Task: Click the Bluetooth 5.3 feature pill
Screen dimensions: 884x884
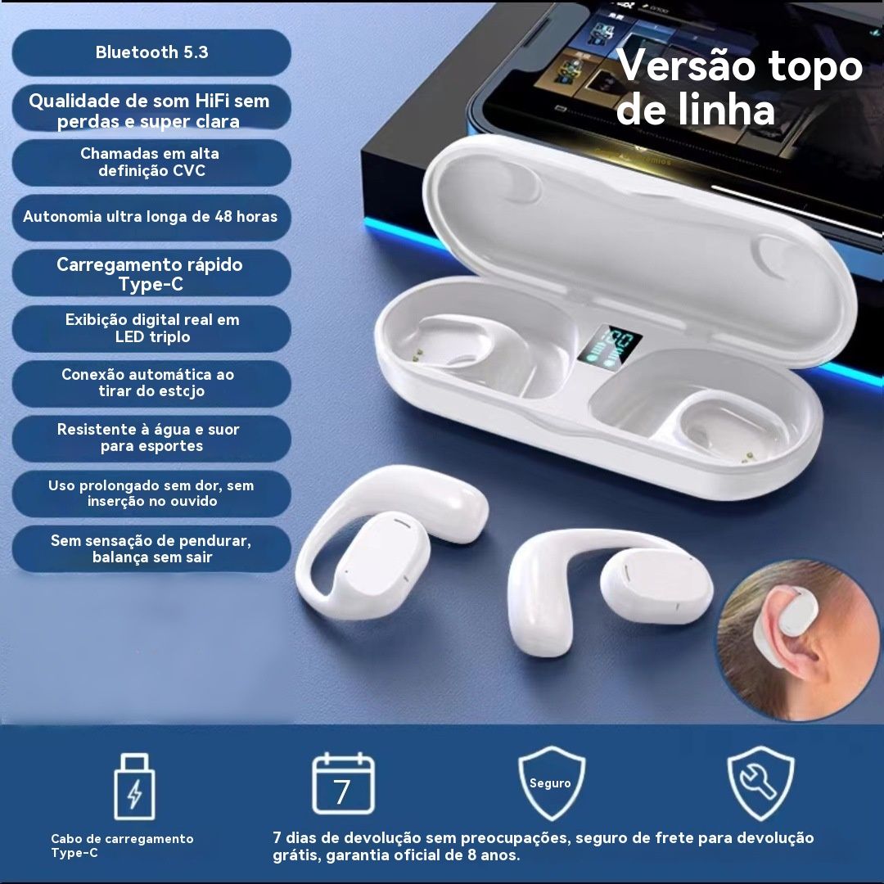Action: pyautogui.click(x=151, y=52)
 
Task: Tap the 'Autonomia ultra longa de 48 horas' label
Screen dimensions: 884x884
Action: pyautogui.click(x=151, y=216)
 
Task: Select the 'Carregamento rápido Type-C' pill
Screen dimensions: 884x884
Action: pyautogui.click(x=151, y=273)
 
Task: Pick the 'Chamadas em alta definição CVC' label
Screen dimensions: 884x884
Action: pyautogui.click(x=151, y=162)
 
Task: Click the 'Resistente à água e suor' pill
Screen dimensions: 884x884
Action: pyautogui.click(x=151, y=438)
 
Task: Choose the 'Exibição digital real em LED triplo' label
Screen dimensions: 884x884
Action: pyautogui.click(x=152, y=328)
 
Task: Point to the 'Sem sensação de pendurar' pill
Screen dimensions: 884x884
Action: pyautogui.click(x=151, y=548)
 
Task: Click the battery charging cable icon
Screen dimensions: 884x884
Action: pyautogui.click(x=134, y=786)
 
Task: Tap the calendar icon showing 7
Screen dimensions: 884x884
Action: pyautogui.click(x=343, y=783)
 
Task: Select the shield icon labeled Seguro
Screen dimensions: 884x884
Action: pyautogui.click(x=551, y=783)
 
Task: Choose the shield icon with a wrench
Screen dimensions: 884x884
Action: pyautogui.click(x=760, y=783)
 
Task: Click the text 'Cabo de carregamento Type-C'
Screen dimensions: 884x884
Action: pyautogui.click(x=122, y=846)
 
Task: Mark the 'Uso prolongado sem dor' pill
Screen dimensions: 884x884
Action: pyautogui.click(x=151, y=494)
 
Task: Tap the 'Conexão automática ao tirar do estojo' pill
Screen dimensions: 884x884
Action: pyautogui.click(x=151, y=383)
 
